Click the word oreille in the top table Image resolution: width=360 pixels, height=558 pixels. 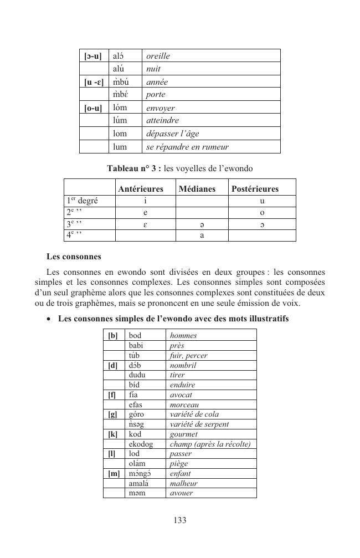pyautogui.click(x=158, y=56)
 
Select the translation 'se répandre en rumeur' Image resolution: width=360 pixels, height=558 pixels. pyautogui.click(x=187, y=147)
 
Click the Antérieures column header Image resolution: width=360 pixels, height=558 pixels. pyautogui.click(x=141, y=189)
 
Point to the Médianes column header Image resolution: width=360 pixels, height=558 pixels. pyautogui.click(x=197, y=189)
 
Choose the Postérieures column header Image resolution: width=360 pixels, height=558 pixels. pyautogui.click(x=255, y=189)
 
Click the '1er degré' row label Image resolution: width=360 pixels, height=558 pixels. pyautogui.click(x=83, y=201)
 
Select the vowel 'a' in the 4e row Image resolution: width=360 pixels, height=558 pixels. pyautogui.click(x=202, y=235)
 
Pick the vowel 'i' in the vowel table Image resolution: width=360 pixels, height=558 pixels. pyautogui.click(x=145, y=201)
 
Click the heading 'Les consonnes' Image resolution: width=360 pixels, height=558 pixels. pyautogui.click(x=74, y=257)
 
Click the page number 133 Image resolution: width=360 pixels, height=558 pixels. pyautogui.click(x=179, y=520)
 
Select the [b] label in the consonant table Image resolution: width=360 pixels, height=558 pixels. pyautogui.click(x=113, y=335)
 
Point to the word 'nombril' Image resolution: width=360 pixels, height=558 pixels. pyautogui.click(x=183, y=365)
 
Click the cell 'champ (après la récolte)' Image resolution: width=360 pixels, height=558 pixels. pyautogui.click(x=210, y=444)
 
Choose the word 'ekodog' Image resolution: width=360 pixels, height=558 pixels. pyautogui.click(x=141, y=444)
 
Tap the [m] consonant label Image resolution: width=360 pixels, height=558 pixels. pyautogui.click(x=114, y=473)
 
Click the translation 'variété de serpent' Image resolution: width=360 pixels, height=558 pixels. pyautogui.click(x=199, y=424)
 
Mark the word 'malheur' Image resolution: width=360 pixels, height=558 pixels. pyautogui.click(x=183, y=483)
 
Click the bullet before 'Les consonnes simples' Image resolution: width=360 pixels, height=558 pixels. pyautogui.click(x=50, y=319)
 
